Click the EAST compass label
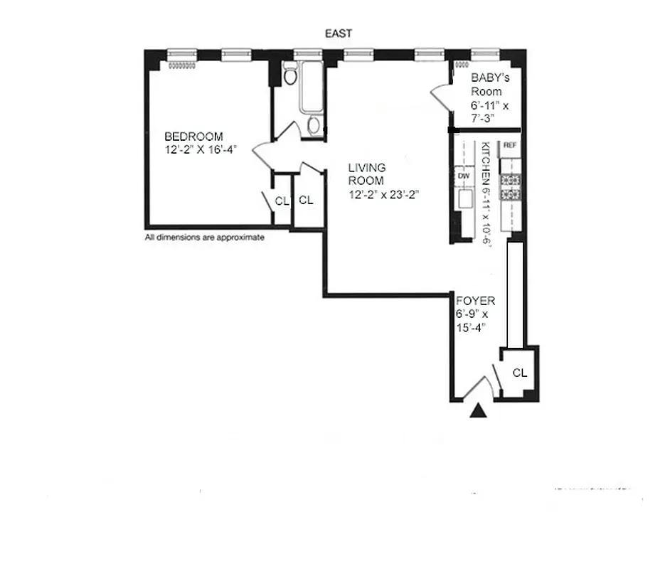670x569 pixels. tap(337, 33)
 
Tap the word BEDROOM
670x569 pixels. tap(193, 137)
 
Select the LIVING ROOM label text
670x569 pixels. tap(367, 174)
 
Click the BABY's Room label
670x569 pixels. tap(486, 85)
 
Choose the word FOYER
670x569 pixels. tap(476, 302)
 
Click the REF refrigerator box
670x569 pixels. tap(509, 145)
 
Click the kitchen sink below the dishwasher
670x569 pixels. tap(467, 201)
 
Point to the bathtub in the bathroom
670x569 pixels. tap(311, 87)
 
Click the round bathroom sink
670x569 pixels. tap(314, 126)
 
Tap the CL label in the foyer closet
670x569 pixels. tap(520, 373)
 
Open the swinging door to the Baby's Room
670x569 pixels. tap(442, 97)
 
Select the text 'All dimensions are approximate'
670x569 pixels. tap(205, 238)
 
